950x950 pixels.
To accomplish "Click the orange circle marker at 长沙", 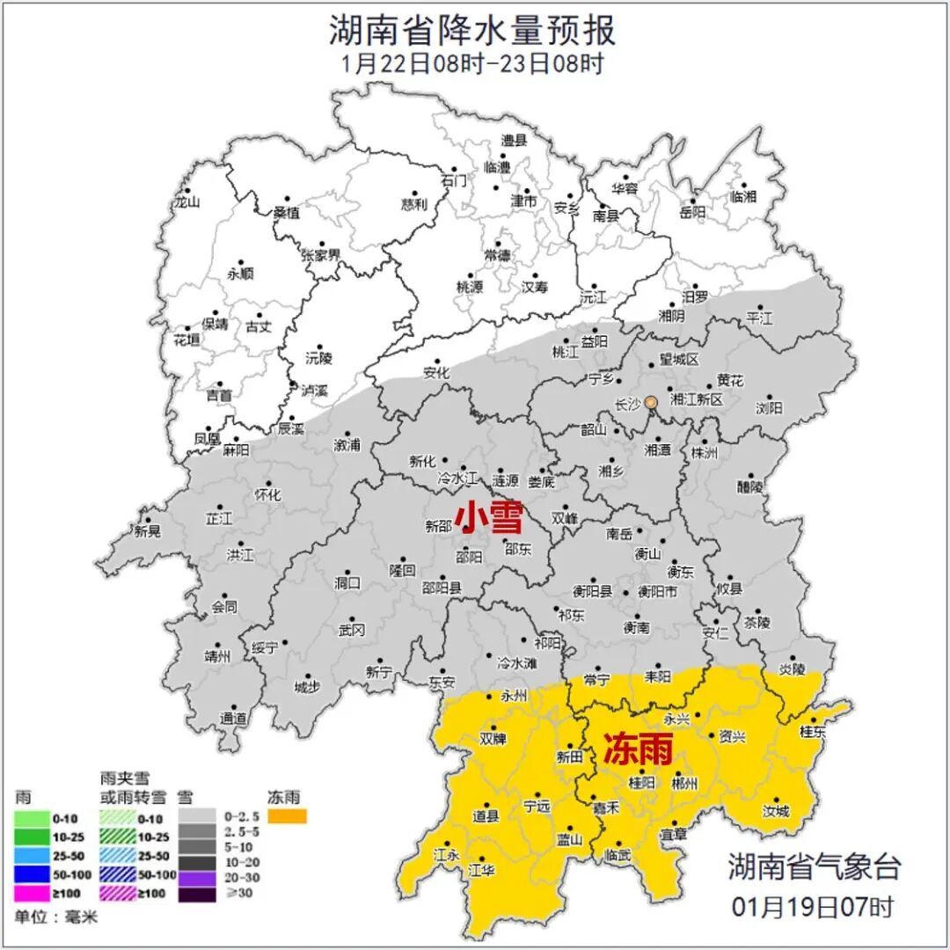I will tap(651, 402).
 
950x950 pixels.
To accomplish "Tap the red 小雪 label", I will tap(487, 517).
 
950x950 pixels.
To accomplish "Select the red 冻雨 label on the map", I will tap(638, 749).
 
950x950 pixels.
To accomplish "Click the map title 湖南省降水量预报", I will tap(472, 30).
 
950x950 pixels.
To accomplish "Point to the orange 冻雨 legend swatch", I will tap(288, 817).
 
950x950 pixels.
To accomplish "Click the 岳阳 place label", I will tap(692, 212).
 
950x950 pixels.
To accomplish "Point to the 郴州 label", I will tap(683, 782).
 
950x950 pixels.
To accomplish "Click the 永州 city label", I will tap(513, 696).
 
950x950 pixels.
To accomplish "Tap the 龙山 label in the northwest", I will tap(187, 201).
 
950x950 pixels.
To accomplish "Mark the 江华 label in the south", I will tap(481, 870).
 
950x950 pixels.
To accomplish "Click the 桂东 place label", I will tap(813, 732).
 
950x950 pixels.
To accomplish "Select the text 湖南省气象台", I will tap(814, 866).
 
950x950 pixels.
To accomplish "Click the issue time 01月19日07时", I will tap(813, 905).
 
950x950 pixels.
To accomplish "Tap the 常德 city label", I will tap(497, 255).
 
